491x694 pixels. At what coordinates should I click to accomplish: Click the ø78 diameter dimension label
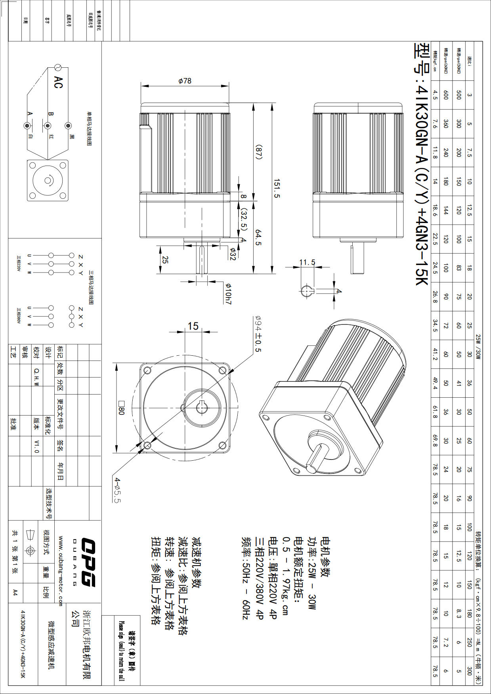click(185, 81)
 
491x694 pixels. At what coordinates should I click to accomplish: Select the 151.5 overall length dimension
click(277, 188)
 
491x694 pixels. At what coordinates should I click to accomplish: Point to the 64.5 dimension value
click(258, 237)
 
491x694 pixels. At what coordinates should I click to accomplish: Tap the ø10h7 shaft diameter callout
click(228, 294)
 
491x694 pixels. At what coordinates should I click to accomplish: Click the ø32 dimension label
click(233, 254)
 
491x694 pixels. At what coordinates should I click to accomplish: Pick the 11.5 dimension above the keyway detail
click(307, 262)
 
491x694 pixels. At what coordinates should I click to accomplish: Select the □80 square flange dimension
click(121, 408)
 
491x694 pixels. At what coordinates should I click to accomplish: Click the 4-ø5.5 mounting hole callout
click(117, 490)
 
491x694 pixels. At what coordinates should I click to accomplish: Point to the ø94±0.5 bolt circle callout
click(258, 334)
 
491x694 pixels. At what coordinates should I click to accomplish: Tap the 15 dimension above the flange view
click(193, 326)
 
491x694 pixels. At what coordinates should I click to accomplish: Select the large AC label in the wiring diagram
click(58, 82)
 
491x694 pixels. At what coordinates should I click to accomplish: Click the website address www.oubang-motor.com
click(61, 571)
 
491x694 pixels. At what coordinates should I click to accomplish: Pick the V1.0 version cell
click(37, 446)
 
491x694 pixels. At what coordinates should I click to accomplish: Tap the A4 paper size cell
click(15, 593)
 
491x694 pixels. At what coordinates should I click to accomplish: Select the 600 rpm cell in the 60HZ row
click(446, 95)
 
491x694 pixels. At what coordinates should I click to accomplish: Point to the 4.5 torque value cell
click(435, 95)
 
